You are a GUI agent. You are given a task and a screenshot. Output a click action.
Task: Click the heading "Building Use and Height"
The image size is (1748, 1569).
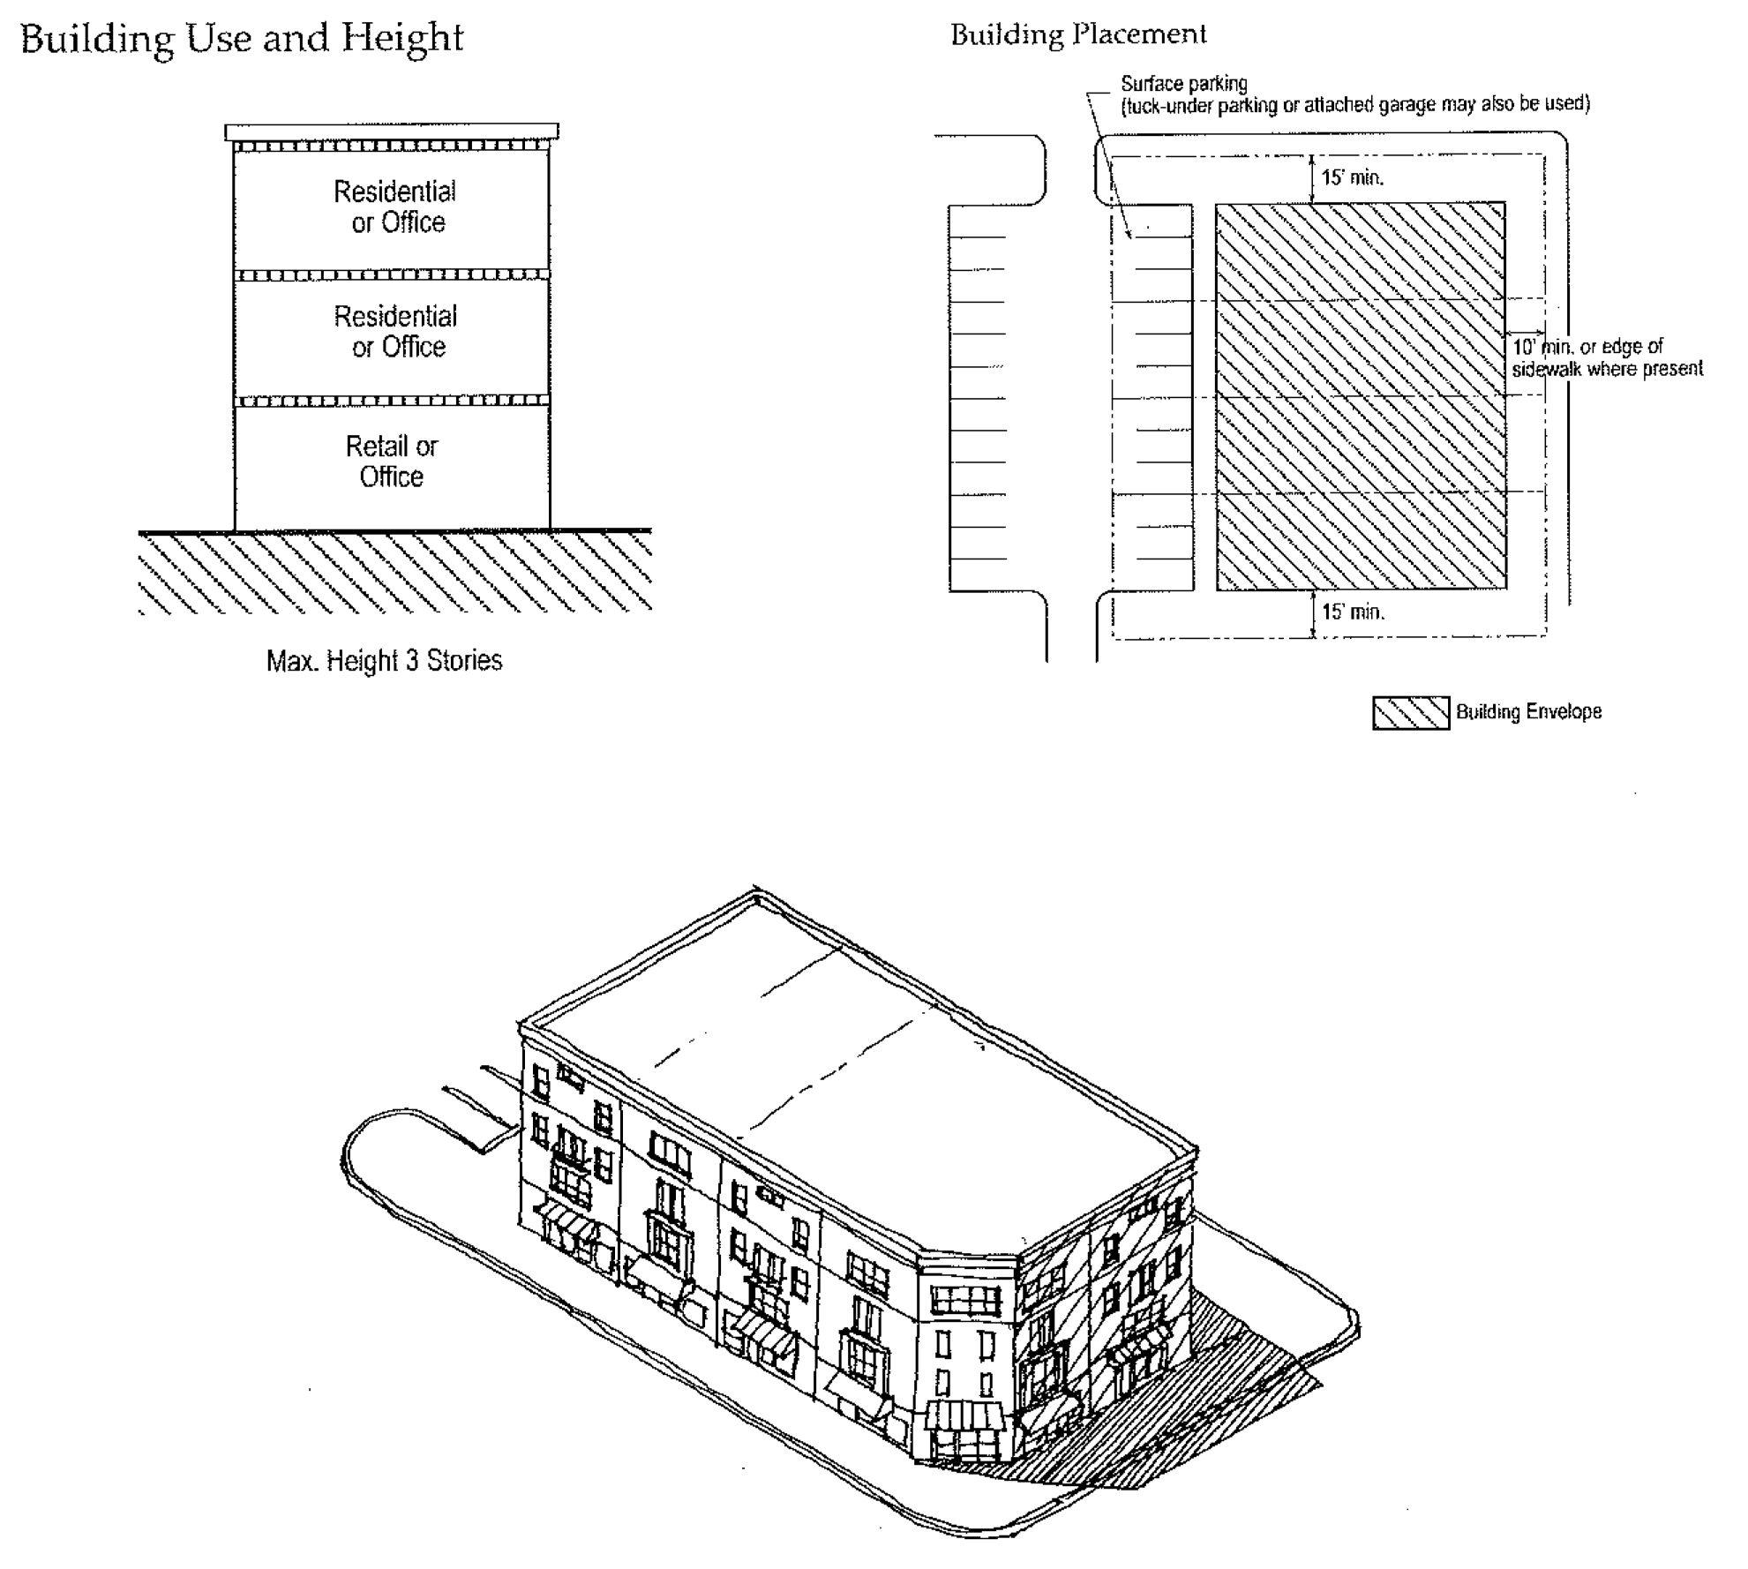click(x=241, y=39)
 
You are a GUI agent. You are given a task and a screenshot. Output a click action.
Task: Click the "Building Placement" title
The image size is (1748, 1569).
click(x=1077, y=35)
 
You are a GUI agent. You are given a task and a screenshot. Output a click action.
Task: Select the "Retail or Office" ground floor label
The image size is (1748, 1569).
click(x=392, y=462)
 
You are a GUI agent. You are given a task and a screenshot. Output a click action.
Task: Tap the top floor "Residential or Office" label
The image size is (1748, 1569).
click(x=395, y=206)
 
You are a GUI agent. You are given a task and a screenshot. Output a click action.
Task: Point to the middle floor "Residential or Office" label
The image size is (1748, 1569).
click(x=395, y=331)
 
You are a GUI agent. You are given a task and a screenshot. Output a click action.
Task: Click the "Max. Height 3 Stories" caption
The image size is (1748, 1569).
click(x=384, y=661)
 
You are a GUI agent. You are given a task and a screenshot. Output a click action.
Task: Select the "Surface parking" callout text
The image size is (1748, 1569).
click(x=1183, y=84)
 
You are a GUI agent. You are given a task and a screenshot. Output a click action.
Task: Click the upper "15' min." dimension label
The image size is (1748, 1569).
click(x=1352, y=177)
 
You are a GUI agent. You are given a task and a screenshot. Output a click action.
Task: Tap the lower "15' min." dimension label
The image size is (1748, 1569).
click(x=1352, y=612)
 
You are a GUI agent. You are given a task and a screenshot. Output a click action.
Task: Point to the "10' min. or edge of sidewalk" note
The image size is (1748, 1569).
click(x=1606, y=357)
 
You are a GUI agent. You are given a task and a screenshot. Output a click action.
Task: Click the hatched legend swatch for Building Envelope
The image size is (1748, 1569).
click(x=1410, y=713)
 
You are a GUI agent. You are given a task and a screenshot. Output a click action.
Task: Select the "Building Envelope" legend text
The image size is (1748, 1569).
click(x=1528, y=712)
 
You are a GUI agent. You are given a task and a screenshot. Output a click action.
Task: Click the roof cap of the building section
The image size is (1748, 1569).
click(x=392, y=132)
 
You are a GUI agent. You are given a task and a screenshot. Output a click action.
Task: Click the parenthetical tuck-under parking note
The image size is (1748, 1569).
click(x=1354, y=105)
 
